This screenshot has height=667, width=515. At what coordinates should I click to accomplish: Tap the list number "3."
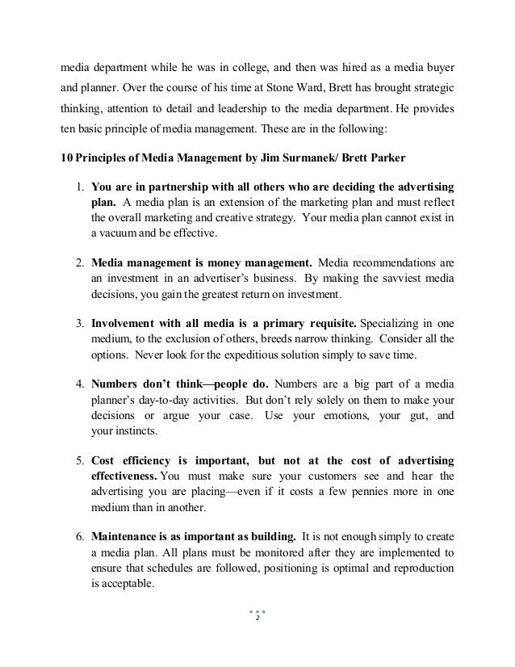81,321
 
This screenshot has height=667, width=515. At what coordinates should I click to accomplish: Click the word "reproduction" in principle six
421,563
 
